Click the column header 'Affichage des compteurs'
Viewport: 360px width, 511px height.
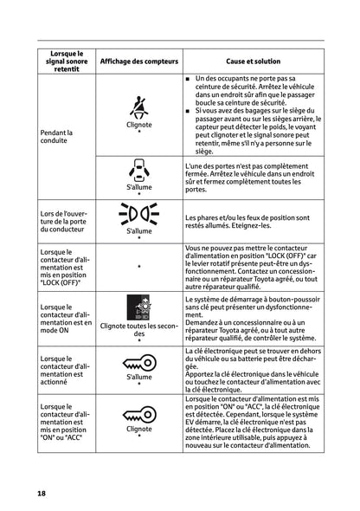coord(138,62)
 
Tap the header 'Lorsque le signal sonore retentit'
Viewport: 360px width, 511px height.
coord(61,62)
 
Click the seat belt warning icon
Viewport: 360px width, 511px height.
coord(138,107)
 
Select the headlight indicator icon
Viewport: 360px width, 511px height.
coord(138,215)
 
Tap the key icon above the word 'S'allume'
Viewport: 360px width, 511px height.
coord(138,363)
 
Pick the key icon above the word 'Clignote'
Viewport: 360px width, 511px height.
coord(138,414)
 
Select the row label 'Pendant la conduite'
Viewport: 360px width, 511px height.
coord(48,138)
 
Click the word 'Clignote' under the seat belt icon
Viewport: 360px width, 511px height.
coord(138,124)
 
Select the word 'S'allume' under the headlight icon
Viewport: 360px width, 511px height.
coord(138,230)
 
